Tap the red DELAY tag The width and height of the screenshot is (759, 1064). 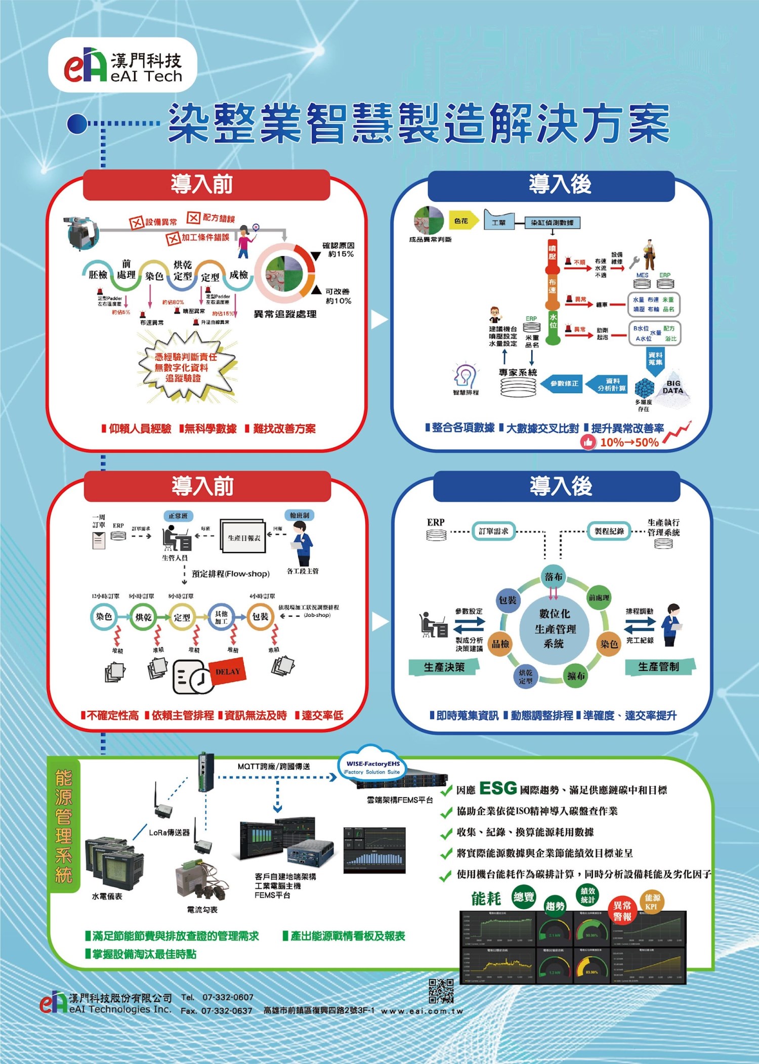click(227, 672)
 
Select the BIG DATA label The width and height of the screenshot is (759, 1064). click(673, 387)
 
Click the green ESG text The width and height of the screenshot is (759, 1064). click(498, 788)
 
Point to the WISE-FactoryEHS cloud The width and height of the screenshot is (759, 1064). click(372, 764)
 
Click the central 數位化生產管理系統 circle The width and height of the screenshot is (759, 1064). click(555, 629)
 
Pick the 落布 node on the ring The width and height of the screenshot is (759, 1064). click(554, 577)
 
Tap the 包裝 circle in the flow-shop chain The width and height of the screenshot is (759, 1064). click(260, 617)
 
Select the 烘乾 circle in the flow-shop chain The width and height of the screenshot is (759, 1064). click(143, 617)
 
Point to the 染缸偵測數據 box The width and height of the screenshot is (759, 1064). click(552, 223)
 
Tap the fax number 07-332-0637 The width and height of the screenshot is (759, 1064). click(227, 1011)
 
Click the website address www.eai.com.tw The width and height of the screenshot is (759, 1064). click(421, 1011)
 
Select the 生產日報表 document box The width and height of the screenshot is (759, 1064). click(244, 538)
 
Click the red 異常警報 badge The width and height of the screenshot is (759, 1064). click(622, 911)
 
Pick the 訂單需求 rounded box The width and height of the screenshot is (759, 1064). click(493, 531)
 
